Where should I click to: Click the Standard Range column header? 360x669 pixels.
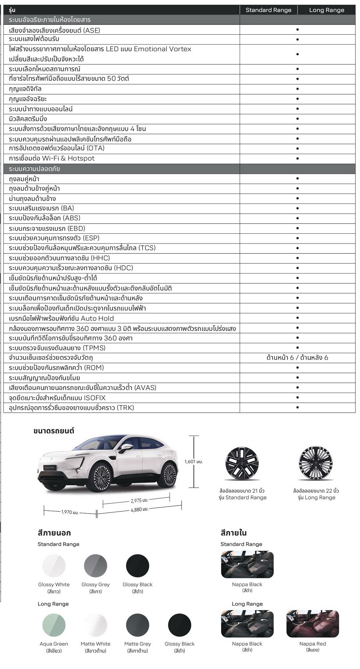[268, 10]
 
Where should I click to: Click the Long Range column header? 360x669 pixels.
[326, 10]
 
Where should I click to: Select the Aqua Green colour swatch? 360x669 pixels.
[54, 625]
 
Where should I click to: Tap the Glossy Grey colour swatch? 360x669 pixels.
[95, 566]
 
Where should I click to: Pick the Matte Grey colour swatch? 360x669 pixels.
[138, 625]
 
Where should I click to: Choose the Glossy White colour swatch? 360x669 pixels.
[54, 566]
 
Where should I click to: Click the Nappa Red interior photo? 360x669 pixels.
[312, 624]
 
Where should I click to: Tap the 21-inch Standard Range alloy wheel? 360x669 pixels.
[242, 463]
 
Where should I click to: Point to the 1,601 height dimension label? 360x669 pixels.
[193, 462]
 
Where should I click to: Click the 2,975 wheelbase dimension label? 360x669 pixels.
[139, 500]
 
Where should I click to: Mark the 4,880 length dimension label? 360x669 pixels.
[139, 509]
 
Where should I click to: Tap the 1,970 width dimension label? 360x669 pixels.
[70, 512]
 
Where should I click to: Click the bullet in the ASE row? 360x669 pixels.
[297, 29]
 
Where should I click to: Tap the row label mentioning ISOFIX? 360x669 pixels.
[57, 398]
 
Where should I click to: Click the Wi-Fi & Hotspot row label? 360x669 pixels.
[52, 158]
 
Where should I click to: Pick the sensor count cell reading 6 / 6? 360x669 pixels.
[297, 358]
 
